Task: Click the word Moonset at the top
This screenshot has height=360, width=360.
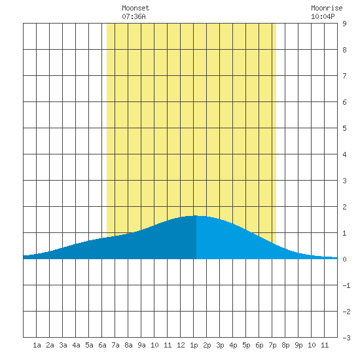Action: point(135,8)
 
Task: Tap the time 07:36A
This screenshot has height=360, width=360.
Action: point(134,16)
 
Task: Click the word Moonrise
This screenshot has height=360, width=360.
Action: point(327,8)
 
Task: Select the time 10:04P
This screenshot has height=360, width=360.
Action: point(323,16)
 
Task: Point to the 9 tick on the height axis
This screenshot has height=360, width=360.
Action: point(344,24)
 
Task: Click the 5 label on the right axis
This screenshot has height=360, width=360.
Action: point(344,128)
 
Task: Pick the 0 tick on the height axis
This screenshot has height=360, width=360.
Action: point(344,259)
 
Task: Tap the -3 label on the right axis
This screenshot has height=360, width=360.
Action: point(346,338)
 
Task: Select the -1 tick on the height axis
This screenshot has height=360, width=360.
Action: point(346,285)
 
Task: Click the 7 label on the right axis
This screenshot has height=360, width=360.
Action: point(344,76)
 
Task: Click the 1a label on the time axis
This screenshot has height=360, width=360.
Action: point(37,345)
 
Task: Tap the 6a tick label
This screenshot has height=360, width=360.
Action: point(102,345)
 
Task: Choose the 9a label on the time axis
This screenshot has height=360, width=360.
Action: point(141,345)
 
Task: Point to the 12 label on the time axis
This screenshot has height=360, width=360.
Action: point(181,345)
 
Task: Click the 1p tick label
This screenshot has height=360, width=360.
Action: point(194,345)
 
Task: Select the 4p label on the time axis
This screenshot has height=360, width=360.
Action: point(233,345)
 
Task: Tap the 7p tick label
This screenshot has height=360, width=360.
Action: point(272,345)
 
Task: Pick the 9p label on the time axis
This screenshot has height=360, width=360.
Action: point(298,345)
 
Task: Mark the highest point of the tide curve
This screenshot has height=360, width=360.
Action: point(194,216)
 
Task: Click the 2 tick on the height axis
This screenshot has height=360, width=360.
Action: point(344,207)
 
